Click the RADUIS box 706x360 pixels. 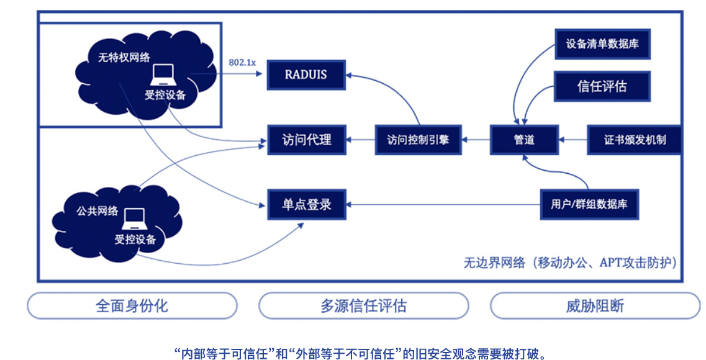pos(306,74)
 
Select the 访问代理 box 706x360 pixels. pos(307,140)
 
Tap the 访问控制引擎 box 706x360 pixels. pos(419,140)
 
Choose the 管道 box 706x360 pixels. pos(524,140)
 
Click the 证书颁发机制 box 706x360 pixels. pos(634,140)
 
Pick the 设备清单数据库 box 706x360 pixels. pos(602,44)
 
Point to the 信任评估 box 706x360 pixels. pos(602,86)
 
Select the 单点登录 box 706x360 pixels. pos(307,205)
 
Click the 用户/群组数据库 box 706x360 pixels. pos(589,205)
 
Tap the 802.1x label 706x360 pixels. pos(242,63)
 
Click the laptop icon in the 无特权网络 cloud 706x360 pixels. pos(163,74)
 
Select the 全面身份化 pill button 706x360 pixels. pos(132,306)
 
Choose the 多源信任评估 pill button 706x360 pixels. pos(363,306)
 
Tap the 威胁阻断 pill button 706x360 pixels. pos(595,306)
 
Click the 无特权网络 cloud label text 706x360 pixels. pos(124,57)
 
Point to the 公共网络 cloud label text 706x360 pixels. pos(97,210)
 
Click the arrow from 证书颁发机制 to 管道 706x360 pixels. pos(572,140)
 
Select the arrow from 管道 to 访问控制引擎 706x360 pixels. pos(476,140)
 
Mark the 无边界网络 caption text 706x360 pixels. pos(570,263)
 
